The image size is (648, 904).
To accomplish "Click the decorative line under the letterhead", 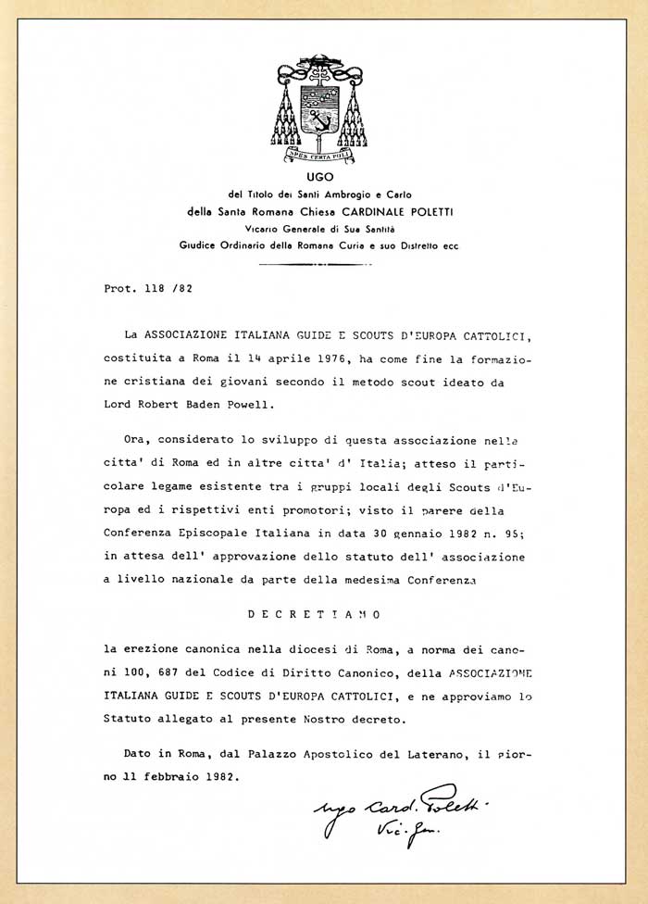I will pos(323,263).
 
